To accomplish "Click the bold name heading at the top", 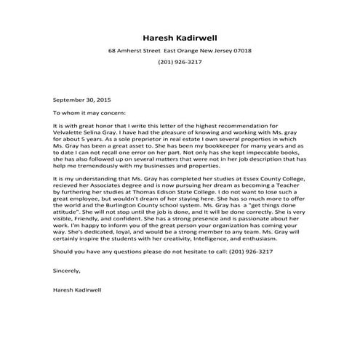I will (x=180, y=37).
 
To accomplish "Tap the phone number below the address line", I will (x=180, y=63).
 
